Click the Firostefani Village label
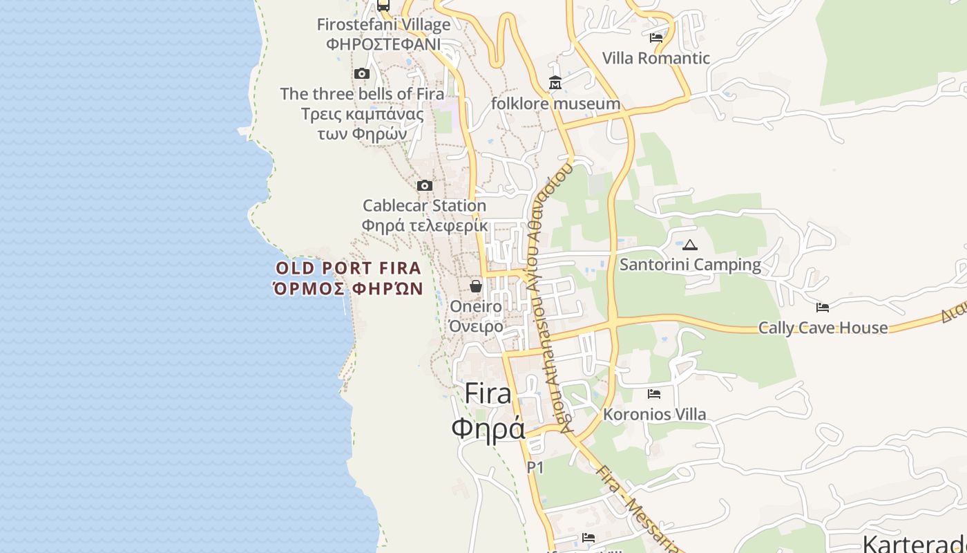point(383,25)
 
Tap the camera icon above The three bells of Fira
point(361,74)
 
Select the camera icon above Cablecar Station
point(425,185)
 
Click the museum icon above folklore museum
point(555,83)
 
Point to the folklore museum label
point(555,104)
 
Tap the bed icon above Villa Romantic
point(656,37)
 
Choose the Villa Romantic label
point(656,58)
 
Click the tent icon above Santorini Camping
point(690,245)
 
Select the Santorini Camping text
point(690,265)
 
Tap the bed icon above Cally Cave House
point(823,307)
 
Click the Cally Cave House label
point(823,328)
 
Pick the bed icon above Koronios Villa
point(654,394)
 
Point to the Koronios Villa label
point(655,415)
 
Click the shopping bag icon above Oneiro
point(476,286)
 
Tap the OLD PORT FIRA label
point(348,268)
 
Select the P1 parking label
point(535,468)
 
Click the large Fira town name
point(488,393)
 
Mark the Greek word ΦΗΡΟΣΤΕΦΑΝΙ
point(383,44)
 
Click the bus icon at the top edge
point(383,6)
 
